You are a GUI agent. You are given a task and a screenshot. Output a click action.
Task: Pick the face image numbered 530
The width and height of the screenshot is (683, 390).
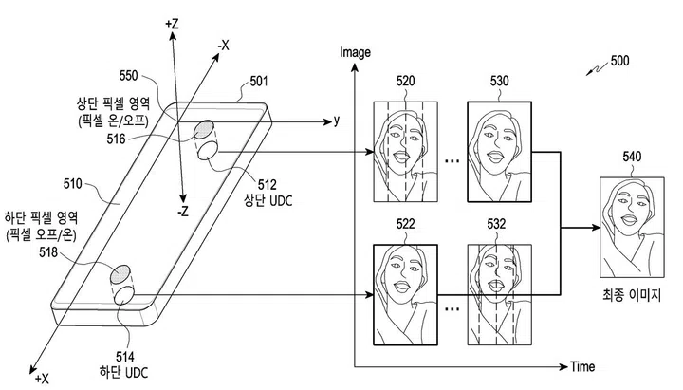[x=499, y=147]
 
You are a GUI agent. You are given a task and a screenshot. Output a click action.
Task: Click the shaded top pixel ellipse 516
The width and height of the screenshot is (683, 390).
[x=205, y=131]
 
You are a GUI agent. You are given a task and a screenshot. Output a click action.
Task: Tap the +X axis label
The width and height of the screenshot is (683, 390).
[x=41, y=378]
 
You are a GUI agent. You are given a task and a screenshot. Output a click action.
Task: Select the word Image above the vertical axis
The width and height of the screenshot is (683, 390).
[x=354, y=52]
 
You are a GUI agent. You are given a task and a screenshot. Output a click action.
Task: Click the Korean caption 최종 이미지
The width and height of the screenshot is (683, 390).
[x=629, y=298]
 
